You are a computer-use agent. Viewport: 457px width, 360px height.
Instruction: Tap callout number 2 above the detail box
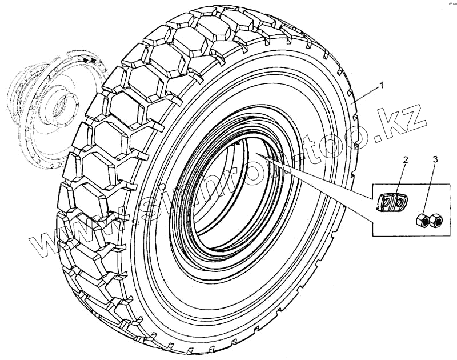405,159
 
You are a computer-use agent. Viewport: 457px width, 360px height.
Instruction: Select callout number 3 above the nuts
435,159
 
